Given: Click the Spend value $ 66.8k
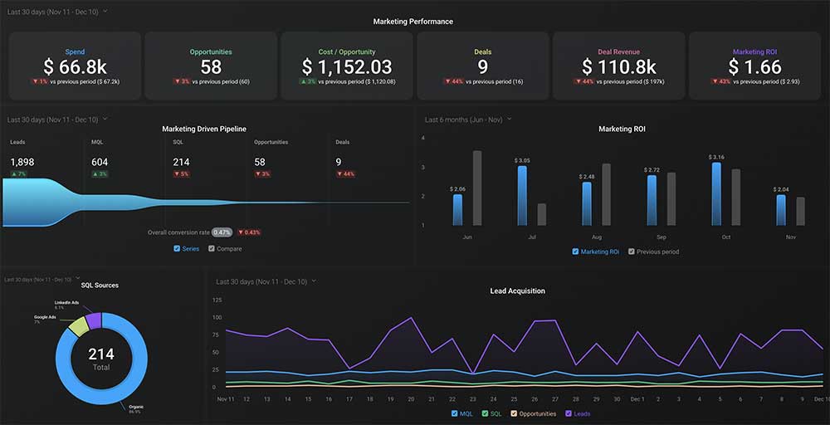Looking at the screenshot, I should [76, 66].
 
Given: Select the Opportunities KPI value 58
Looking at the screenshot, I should [211, 66].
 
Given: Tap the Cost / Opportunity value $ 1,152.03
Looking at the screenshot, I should [346, 66].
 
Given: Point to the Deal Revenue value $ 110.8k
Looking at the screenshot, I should [618, 66].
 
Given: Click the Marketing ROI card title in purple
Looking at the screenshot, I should [754, 51].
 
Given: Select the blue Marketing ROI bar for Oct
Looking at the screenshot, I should [716, 193].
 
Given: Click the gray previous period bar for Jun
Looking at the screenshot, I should [477, 188].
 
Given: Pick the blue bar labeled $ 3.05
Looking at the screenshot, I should [522, 196].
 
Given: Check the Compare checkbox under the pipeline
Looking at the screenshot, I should [212, 248].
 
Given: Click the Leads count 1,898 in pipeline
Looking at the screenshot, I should [22, 162].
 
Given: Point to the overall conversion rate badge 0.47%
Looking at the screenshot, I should [222, 232].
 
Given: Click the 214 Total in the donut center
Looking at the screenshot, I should [101, 359].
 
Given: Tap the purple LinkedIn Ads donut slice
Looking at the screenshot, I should [94, 320].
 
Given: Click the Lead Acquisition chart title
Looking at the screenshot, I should [517, 291].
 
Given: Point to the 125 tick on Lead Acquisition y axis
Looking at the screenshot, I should [217, 300].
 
